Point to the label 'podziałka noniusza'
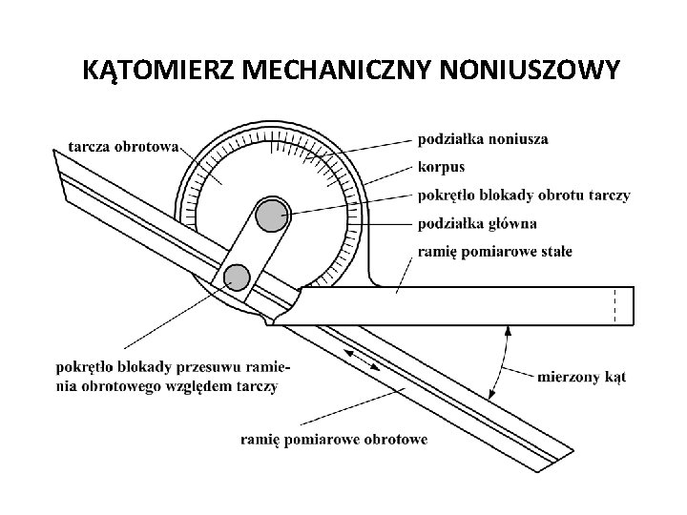tap(483, 139)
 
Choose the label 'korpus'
tap(441, 167)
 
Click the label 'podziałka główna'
tap(477, 223)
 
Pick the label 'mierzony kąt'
tap(581, 377)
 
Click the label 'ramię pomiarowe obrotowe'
tap(334, 439)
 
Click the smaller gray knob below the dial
tap(236, 277)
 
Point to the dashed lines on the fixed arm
tap(616, 305)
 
